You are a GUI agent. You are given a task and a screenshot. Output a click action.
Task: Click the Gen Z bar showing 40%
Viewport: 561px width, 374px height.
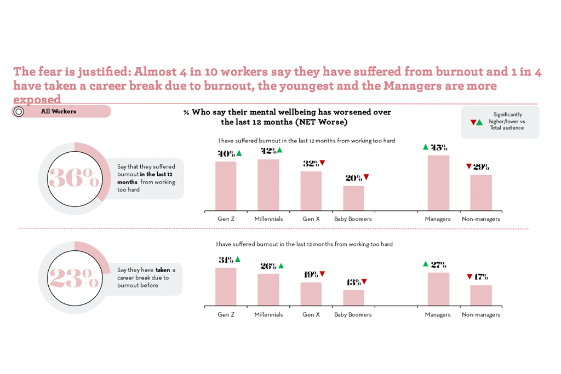coord(226,186)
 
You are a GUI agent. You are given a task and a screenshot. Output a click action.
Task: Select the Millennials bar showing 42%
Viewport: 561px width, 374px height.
coord(268,185)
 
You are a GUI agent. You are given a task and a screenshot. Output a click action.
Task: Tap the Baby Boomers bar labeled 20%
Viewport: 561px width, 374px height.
coord(353,198)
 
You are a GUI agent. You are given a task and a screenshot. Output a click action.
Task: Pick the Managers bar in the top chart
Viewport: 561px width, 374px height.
coord(438,183)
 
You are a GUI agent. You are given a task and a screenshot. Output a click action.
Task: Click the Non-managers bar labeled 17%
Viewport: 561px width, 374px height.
coord(481,295)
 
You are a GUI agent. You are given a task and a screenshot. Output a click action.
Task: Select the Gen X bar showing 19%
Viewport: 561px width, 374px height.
coord(311,294)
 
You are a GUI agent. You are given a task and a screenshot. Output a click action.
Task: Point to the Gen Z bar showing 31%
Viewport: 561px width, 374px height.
coord(226,286)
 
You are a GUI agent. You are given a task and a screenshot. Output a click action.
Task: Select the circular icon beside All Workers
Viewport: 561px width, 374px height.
coord(19,112)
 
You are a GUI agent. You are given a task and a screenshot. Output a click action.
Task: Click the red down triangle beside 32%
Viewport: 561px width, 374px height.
coord(323,163)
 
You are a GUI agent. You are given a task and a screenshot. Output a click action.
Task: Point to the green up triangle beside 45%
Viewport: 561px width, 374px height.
coord(425,147)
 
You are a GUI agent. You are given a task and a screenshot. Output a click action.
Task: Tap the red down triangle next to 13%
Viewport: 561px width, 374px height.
coord(364,281)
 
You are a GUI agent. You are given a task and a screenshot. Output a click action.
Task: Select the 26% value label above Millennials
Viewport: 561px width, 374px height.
coord(268,266)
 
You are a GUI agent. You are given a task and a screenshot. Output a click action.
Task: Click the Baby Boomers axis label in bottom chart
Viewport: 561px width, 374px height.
coord(353,315)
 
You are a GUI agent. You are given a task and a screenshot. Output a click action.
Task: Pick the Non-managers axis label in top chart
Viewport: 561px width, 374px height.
coord(481,219)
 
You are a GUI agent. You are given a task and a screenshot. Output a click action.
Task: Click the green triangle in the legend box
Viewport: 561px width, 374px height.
coord(480,122)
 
